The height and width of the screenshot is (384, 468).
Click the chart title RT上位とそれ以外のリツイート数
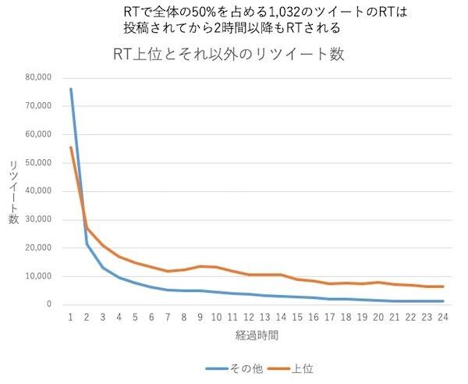229,55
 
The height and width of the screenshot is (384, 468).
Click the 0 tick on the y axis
48,304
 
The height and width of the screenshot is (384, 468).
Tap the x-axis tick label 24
441,318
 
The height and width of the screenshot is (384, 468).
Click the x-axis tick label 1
70,318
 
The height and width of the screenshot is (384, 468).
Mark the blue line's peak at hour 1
70,89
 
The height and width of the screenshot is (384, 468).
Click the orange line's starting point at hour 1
70,148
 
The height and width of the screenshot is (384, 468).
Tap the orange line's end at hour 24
442,286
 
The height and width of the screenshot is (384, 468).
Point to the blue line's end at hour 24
442,301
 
